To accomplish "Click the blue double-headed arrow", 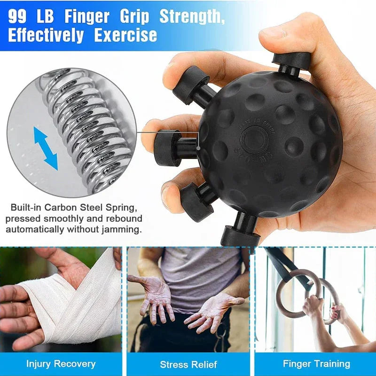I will tap(46, 148).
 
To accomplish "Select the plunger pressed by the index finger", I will tap(190, 85).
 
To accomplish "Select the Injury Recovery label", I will tap(61, 364).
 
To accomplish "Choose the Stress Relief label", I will tap(188, 364).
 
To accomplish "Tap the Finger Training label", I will tap(316, 364).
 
